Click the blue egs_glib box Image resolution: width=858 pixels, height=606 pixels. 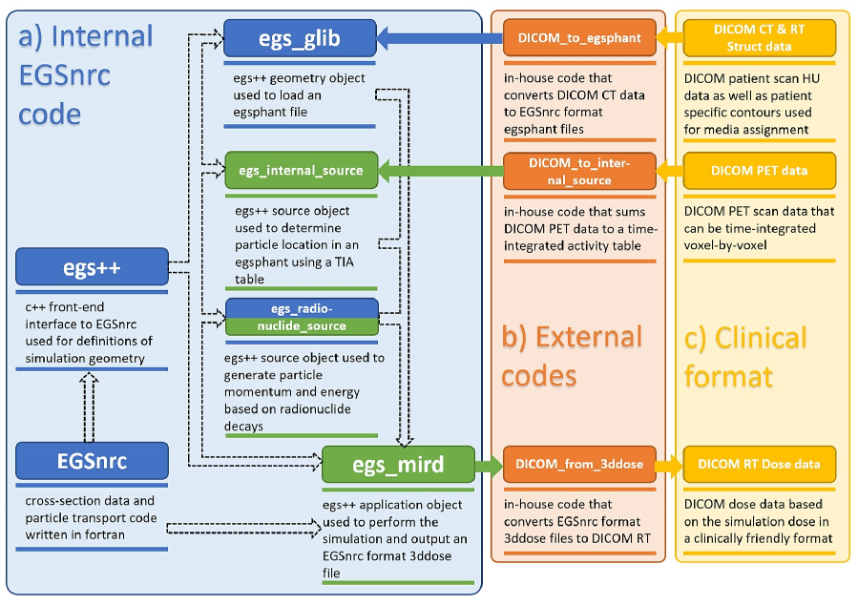click(x=300, y=38)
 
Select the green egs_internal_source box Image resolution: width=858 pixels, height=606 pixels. click(x=301, y=170)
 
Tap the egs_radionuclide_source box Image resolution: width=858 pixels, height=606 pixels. click(x=302, y=317)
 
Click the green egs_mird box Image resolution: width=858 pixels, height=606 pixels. click(x=398, y=465)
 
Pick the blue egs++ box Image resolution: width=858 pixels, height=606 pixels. click(x=92, y=267)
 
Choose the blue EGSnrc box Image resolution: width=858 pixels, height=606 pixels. click(x=92, y=461)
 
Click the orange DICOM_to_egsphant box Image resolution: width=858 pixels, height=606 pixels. click(x=579, y=38)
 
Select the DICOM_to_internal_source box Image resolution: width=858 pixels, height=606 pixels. click(x=579, y=171)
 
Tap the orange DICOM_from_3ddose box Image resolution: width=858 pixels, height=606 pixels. click(x=579, y=465)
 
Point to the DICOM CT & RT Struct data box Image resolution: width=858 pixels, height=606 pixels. click(x=760, y=38)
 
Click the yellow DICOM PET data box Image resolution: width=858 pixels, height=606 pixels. click(x=760, y=171)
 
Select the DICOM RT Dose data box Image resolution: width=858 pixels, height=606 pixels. click(x=760, y=465)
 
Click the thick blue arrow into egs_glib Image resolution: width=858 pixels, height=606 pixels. click(x=440, y=38)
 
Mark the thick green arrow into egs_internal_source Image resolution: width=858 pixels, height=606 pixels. click(x=441, y=171)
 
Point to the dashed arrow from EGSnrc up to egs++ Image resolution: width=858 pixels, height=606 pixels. click(x=89, y=407)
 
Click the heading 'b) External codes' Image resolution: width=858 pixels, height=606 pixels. click(x=572, y=356)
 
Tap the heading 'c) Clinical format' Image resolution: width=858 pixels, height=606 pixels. click(x=745, y=357)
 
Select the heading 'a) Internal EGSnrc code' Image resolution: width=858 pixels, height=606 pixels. click(x=86, y=75)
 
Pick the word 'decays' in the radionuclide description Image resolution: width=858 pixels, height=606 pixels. click(x=243, y=427)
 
